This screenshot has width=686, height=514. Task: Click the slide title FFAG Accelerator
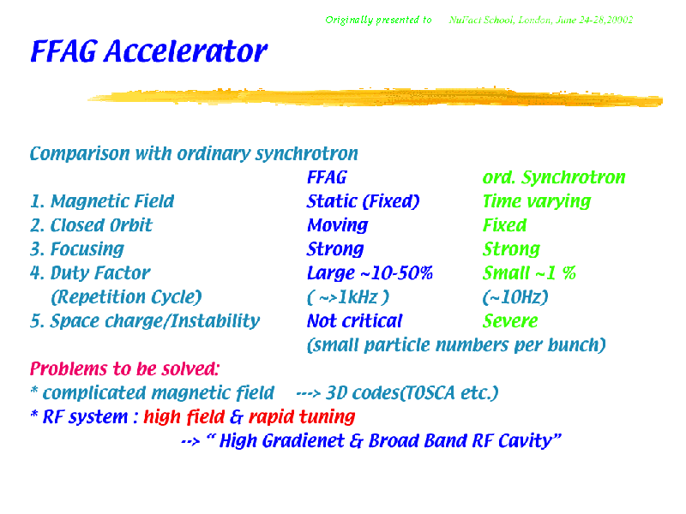[148, 51]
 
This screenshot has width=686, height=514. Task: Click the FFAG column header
[327, 177]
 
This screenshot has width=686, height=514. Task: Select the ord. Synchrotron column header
[554, 178]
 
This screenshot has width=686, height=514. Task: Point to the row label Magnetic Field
[112, 201]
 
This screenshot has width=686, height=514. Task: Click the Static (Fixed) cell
[363, 201]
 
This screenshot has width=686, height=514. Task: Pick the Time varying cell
[537, 202]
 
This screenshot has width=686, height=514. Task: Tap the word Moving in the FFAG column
[337, 225]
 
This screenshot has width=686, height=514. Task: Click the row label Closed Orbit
[101, 225]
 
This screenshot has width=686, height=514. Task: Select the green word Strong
[511, 249]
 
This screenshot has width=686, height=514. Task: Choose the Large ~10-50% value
[370, 273]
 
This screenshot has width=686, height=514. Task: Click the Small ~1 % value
[529, 273]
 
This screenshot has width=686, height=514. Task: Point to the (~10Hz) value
[515, 297]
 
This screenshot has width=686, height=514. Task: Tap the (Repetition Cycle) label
[126, 297]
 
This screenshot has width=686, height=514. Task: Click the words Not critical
[354, 321]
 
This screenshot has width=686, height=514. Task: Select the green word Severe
[510, 321]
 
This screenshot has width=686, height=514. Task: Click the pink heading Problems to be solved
[124, 369]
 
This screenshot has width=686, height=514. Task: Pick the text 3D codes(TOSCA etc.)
[412, 393]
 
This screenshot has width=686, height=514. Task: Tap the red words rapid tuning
[302, 417]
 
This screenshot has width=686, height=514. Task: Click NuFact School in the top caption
[481, 20]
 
